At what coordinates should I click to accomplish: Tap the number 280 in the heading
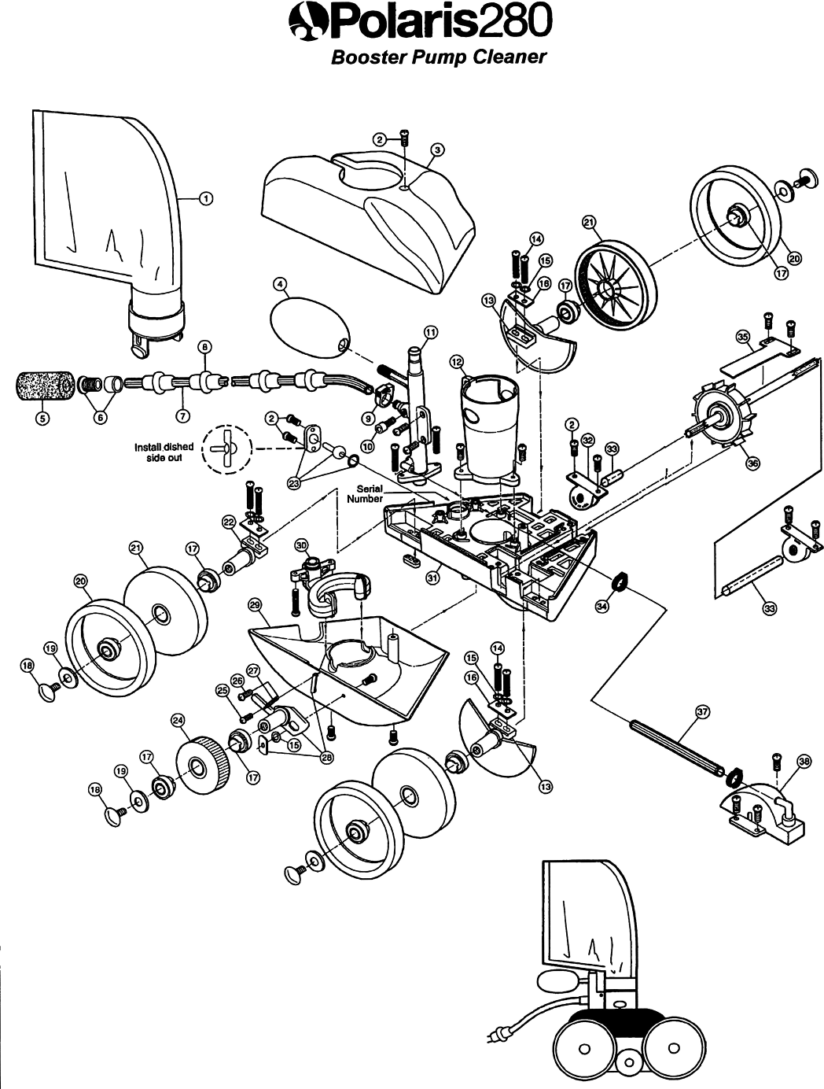click(512, 20)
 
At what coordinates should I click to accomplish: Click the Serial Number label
click(367, 493)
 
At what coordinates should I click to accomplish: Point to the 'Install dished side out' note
click(164, 452)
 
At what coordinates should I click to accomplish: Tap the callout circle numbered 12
click(456, 360)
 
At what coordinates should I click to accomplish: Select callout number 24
click(178, 719)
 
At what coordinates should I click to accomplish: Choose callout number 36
click(752, 463)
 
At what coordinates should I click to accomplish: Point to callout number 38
click(803, 761)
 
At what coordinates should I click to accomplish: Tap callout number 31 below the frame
click(432, 578)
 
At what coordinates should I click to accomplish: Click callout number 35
click(741, 336)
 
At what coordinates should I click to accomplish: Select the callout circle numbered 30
click(301, 544)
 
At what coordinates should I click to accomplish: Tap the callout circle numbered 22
click(229, 521)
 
